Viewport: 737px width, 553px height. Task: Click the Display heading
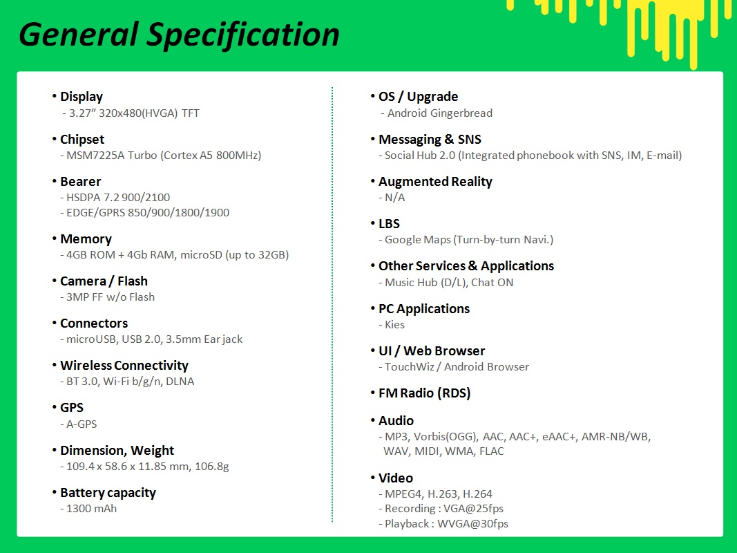click(82, 97)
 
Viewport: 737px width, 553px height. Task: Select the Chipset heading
click(82, 140)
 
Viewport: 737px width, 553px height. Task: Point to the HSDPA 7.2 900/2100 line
click(118, 198)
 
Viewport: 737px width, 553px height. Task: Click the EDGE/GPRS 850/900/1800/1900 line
click(148, 212)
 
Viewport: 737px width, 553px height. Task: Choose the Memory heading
click(86, 239)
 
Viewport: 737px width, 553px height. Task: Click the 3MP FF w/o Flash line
click(111, 297)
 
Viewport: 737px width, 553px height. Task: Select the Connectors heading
click(94, 324)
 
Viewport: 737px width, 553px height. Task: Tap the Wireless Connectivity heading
click(124, 366)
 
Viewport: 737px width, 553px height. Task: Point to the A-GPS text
click(82, 424)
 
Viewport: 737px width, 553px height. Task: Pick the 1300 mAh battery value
click(92, 509)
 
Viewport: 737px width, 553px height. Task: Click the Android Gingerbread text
click(440, 113)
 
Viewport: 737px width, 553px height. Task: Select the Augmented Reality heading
click(435, 182)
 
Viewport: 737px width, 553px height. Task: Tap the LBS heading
click(389, 224)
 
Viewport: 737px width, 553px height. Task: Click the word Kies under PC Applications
click(395, 325)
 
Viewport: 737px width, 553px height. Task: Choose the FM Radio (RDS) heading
click(424, 393)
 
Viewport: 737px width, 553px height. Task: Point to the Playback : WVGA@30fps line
click(446, 524)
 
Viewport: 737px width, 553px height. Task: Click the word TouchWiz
click(410, 367)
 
